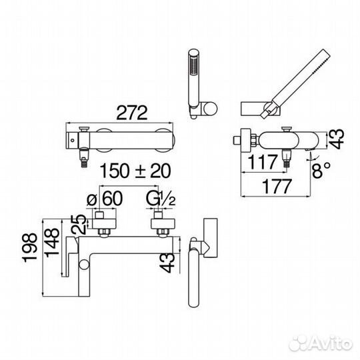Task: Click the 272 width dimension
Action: click(132, 113)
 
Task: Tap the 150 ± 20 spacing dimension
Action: click(135, 171)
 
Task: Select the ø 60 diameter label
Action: click(105, 199)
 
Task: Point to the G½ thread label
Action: click(161, 199)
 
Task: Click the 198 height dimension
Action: click(29, 247)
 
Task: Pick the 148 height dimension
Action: click(52, 243)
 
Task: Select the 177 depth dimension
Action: click(277, 187)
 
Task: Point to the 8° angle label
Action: click(321, 170)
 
